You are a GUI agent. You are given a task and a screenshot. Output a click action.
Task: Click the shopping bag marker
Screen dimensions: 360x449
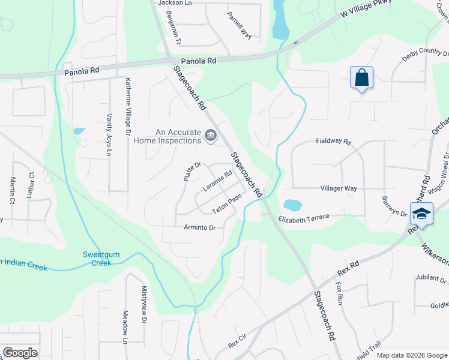361,78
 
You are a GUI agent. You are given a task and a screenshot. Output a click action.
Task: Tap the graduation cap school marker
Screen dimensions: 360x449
421,214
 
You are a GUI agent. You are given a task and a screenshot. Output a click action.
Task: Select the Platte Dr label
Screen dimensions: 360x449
191,172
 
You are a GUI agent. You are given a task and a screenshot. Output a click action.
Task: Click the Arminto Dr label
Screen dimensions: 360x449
199,227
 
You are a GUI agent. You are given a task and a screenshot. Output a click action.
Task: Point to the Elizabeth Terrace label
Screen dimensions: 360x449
304,218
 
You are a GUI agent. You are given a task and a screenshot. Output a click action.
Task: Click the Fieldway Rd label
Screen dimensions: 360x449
333,141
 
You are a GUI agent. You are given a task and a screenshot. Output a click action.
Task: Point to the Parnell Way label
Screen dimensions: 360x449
239,25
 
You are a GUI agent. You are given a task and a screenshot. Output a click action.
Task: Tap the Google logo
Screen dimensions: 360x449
20,353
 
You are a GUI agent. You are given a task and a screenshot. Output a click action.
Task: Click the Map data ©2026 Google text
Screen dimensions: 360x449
412,355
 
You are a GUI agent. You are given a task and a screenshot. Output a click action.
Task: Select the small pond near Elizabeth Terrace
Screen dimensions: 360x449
292,205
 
